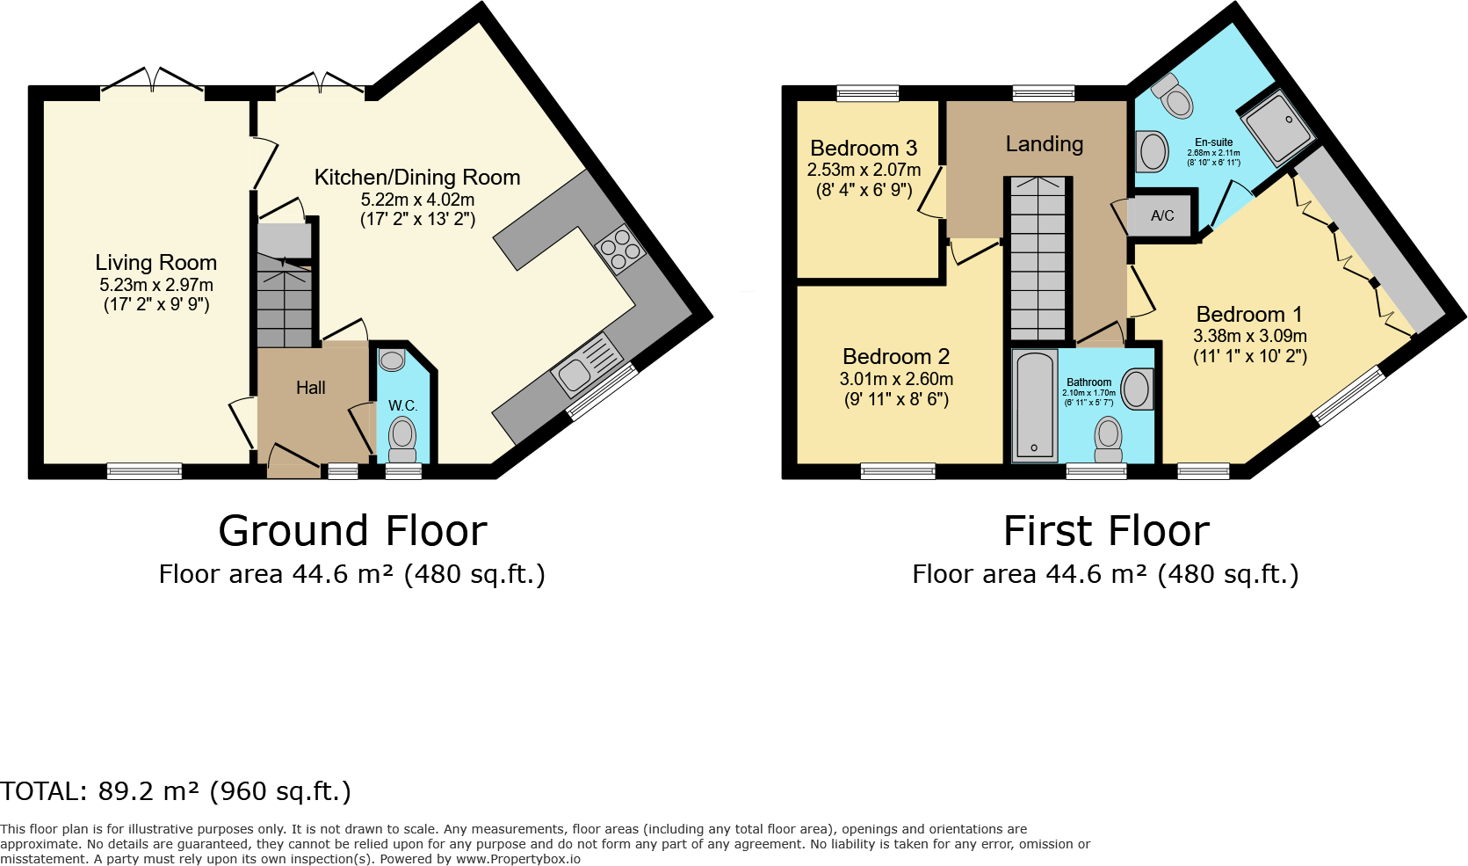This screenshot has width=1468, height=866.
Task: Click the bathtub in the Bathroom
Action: [x=1035, y=405]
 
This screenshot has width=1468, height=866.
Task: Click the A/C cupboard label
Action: [x=1162, y=215]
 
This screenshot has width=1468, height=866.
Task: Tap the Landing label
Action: [x=1044, y=144]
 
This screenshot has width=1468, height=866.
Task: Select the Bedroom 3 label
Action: [x=864, y=148]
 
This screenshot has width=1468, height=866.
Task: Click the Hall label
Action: [x=310, y=388]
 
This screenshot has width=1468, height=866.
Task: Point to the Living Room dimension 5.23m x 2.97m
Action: [x=156, y=285]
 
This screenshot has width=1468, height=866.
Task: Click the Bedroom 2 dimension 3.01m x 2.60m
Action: [x=896, y=379]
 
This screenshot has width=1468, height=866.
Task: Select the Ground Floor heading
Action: [x=352, y=531]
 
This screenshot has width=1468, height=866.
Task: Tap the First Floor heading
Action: [x=1106, y=531]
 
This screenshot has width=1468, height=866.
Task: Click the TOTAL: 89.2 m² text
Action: [x=176, y=791]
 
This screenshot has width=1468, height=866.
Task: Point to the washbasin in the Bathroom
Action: [x=1137, y=389]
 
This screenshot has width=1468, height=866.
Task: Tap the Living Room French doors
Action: [x=153, y=80]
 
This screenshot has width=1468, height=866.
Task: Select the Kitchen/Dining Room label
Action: [x=417, y=178]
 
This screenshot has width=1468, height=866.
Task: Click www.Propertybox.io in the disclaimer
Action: [x=518, y=859]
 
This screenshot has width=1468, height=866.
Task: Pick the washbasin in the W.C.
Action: [x=392, y=360]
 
